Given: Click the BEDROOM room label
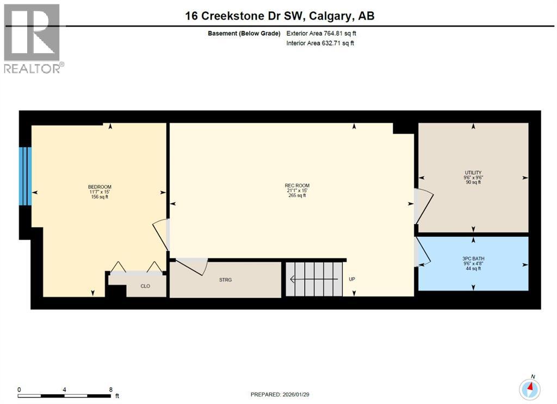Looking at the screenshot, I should (x=100, y=187).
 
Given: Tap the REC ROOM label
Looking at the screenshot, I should (x=297, y=186).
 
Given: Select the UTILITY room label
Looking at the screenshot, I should (x=473, y=173).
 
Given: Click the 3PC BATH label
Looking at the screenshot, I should (x=473, y=259).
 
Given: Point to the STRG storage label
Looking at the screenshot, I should (x=225, y=280).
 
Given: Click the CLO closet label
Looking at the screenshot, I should (x=145, y=286).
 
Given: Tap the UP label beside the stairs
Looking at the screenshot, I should (x=352, y=279).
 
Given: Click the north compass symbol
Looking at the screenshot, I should (x=530, y=388).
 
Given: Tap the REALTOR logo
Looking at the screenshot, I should (x=32, y=38).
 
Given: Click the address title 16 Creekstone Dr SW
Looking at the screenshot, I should (x=280, y=16).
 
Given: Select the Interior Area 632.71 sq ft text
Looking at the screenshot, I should (x=320, y=43).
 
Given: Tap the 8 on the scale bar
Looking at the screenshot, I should (x=110, y=389).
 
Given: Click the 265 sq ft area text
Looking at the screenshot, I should (x=297, y=195).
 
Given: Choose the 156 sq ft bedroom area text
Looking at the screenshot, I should (x=100, y=197).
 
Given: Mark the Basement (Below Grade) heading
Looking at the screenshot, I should (x=244, y=33).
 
